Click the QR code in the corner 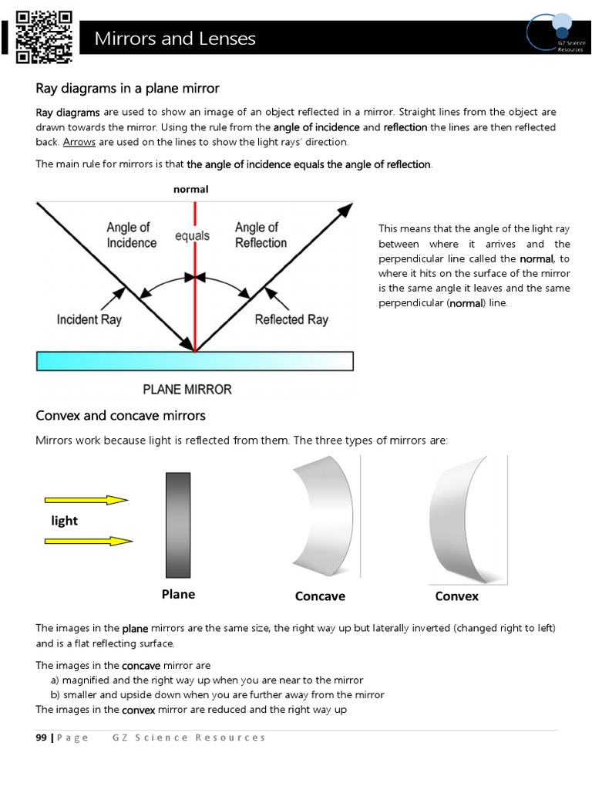pos(44,35)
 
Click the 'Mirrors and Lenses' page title pos(175,39)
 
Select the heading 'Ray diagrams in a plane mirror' pos(128,89)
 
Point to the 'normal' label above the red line pos(190,189)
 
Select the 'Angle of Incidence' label pos(131,235)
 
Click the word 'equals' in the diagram pos(192,236)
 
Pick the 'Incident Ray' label pos(89,319)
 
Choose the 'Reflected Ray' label pos(291,319)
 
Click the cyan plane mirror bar pos(194,361)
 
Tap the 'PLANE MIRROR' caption pos(187,389)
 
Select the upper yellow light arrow pos(86,500)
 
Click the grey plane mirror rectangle pos(178,525)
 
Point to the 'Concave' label pos(320,596)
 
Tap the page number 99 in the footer pos(42,738)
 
